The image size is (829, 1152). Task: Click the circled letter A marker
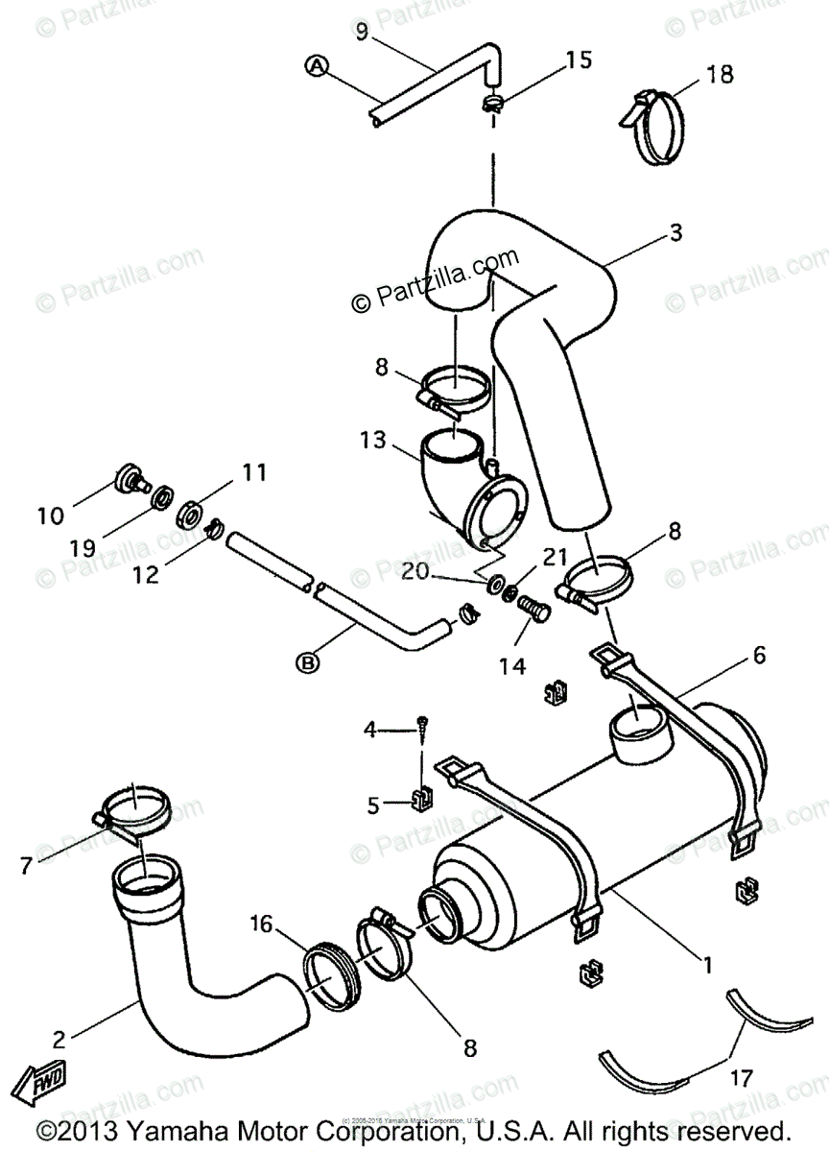[x=317, y=65]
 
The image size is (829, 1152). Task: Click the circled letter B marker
[x=309, y=661]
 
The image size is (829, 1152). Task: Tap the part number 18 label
[x=719, y=73]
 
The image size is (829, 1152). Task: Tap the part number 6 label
[x=759, y=656]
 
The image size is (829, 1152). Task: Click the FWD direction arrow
[x=47, y=1084]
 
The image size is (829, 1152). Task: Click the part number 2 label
[x=60, y=1038]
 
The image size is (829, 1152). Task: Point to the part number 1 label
[x=707, y=965]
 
